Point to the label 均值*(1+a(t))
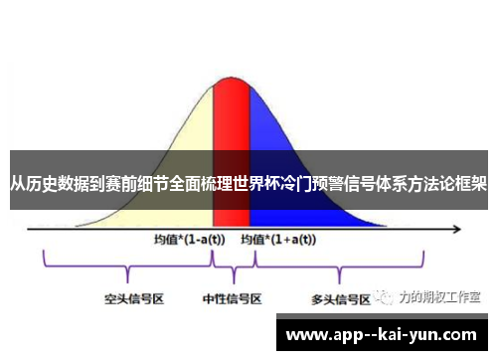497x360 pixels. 278,240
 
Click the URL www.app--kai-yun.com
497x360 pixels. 381,334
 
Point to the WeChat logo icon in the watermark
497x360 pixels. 383,296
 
